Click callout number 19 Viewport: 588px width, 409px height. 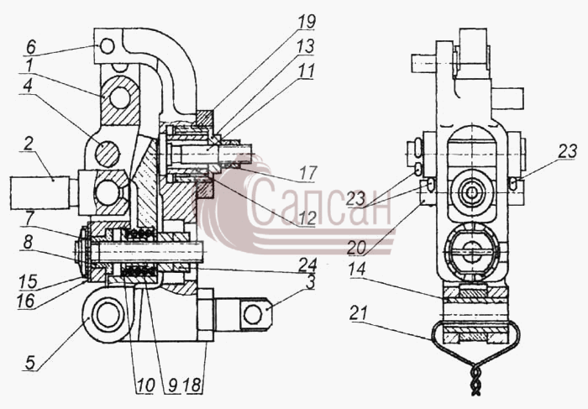(307, 21)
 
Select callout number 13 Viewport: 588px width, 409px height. (305, 46)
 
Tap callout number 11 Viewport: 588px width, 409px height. (307, 71)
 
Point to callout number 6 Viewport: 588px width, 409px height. (31, 47)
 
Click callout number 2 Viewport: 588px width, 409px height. (29, 144)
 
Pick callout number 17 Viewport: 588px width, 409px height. (308, 173)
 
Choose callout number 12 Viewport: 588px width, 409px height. (307, 218)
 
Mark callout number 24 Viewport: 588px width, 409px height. (307, 265)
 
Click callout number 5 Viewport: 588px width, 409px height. (30, 363)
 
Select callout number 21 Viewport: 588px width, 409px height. (359, 313)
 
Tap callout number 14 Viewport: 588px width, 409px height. (357, 270)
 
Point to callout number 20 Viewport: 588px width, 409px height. (356, 248)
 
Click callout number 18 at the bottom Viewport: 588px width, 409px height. (192, 385)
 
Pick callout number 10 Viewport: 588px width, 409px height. (145, 385)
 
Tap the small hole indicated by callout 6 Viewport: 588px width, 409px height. (108, 46)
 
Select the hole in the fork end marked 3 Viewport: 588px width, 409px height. (253, 314)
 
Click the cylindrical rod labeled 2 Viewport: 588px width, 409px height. (39, 192)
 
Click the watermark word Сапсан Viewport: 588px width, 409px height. (318, 202)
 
